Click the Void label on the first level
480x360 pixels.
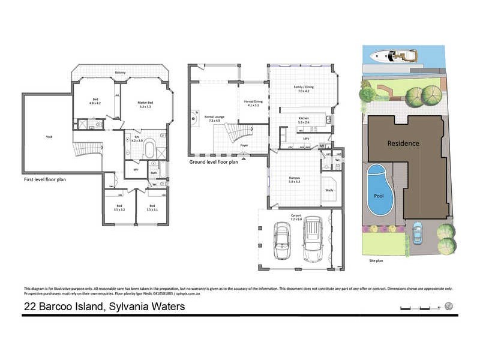[49, 137]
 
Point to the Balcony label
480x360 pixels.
[121, 73]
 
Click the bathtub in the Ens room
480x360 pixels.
[148, 149]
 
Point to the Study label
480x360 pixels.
[329, 190]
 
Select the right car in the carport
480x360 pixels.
[312, 239]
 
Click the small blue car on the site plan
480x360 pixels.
[417, 233]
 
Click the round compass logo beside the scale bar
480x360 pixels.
[449, 306]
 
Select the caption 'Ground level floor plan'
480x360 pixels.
[214, 161]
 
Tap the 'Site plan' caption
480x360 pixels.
[377, 261]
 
